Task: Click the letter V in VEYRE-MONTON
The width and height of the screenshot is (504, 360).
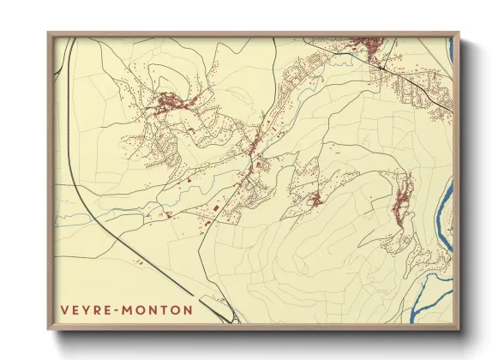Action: [63, 309]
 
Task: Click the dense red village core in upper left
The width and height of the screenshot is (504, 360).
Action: [168, 105]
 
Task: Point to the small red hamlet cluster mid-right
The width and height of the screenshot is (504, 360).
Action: [315, 201]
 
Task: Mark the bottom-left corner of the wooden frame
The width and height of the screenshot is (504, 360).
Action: [49, 328]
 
